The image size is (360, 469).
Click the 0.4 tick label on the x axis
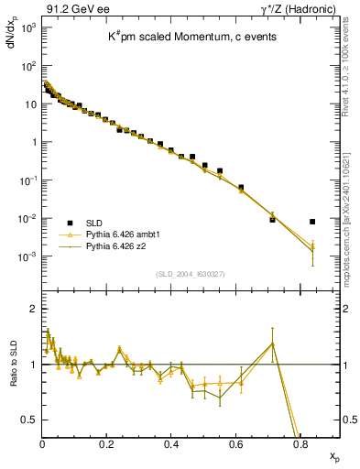[171, 443]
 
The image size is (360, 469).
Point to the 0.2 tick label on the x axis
[106, 443]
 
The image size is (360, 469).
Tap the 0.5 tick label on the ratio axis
[27, 420]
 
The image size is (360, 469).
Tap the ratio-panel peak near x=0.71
[272, 344]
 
